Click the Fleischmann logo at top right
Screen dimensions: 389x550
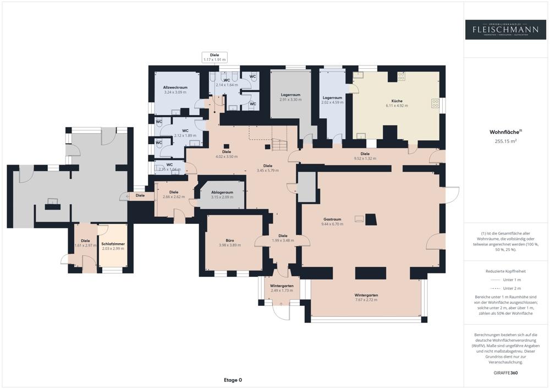coord(505,30)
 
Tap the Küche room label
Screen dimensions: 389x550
coord(397,101)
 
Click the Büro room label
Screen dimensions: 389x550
coord(223,240)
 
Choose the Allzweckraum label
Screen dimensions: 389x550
coord(175,87)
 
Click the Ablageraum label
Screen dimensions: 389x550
coord(222,193)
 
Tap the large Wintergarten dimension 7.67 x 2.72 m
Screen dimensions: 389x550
coord(366,300)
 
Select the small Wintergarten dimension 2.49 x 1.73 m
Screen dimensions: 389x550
coord(282,291)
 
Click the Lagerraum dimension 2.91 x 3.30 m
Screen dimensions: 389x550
coord(290,100)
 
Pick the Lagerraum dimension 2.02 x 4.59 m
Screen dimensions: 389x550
coord(333,102)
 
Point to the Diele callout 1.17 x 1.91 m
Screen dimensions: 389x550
coord(215,59)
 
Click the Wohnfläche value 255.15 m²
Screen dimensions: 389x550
coord(505,141)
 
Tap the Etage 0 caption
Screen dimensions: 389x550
coord(233,380)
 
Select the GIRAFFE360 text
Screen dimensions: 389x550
coord(505,372)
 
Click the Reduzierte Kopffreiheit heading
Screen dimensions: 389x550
coord(505,271)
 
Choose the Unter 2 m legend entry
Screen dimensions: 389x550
coord(512,288)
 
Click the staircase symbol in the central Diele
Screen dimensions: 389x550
coord(280,145)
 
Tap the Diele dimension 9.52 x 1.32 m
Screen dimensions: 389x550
coord(365,158)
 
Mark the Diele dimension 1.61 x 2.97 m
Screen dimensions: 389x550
coord(85,245)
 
